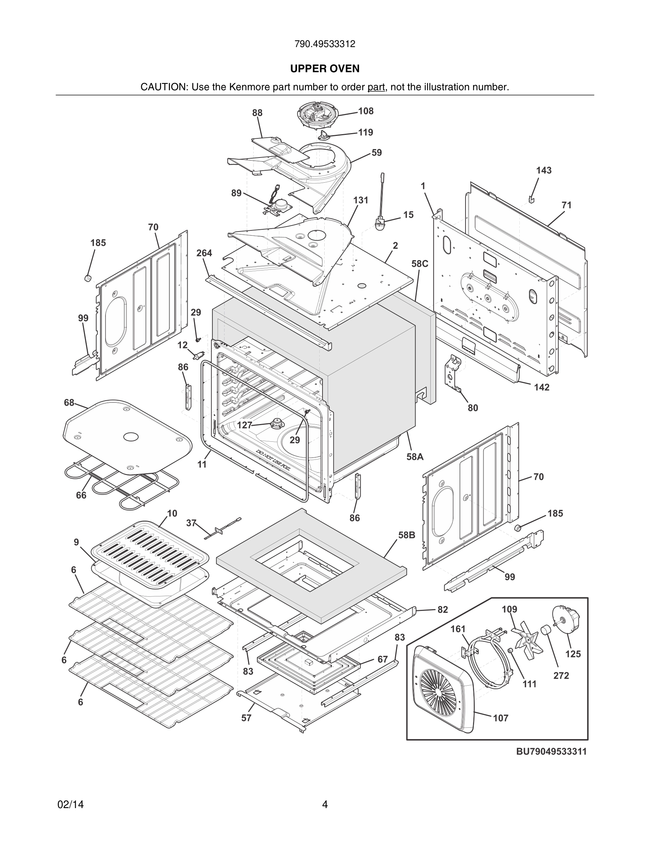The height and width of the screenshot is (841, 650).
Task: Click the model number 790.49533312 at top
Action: (325, 44)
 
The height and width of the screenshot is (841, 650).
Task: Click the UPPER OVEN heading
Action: (325, 69)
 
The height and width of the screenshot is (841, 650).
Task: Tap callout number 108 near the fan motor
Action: (365, 111)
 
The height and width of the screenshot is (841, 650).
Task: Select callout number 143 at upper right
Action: (543, 170)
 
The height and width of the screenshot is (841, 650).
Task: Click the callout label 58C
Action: (419, 264)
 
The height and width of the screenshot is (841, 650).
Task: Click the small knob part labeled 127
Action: (276, 424)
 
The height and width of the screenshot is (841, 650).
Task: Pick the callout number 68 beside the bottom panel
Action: (69, 402)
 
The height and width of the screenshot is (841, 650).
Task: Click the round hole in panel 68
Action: (131, 437)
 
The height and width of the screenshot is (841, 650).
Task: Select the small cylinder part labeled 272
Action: (545, 631)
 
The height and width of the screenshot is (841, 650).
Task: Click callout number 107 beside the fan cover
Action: (500, 718)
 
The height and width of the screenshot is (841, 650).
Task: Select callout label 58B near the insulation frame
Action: (407, 535)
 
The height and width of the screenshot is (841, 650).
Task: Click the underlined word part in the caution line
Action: (376, 87)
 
